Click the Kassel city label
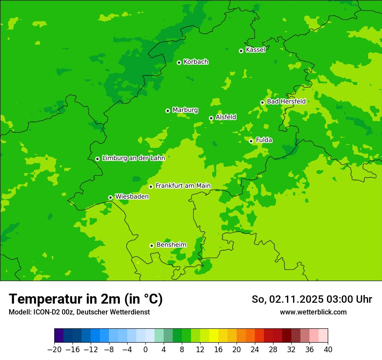[255, 50]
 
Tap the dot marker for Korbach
[179, 62]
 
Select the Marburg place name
[185, 110]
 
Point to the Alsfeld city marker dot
[211, 118]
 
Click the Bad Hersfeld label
[286, 101]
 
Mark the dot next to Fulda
[251, 141]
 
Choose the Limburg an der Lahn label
[133, 158]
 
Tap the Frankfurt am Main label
[183, 186]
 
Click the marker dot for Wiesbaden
[110, 197]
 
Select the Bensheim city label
[171, 245]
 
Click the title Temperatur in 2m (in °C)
[86, 299]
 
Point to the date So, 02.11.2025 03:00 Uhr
[312, 299]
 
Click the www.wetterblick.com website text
[313, 312]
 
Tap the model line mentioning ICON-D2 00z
[79, 312]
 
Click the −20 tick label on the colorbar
[54, 350]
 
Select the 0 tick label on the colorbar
[145, 350]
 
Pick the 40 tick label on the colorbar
[328, 350]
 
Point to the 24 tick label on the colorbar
[255, 350]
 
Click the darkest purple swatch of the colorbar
[59, 336]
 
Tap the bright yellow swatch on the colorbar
[214, 336]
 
